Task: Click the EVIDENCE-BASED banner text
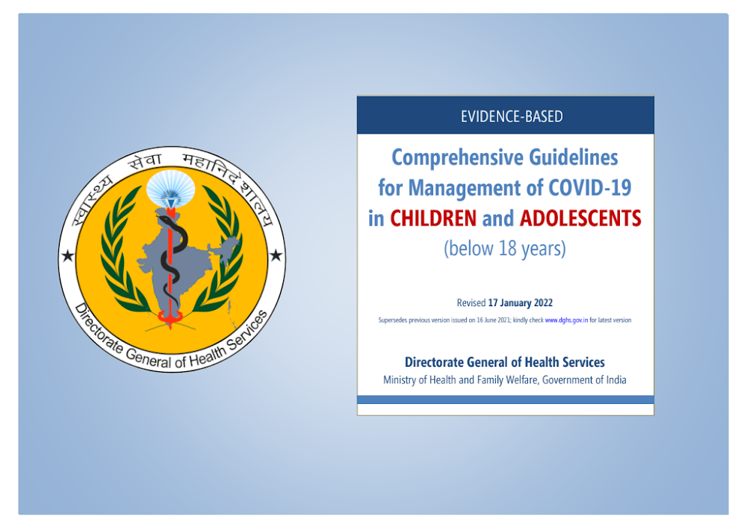click(x=512, y=117)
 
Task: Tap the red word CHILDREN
click(x=433, y=219)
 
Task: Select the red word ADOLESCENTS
click(x=580, y=219)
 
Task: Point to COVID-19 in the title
click(x=590, y=187)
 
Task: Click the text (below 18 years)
click(x=505, y=249)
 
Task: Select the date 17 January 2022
click(x=520, y=302)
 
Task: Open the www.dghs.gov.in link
click(x=566, y=320)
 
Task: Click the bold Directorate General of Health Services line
click(x=504, y=362)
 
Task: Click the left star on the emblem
click(x=68, y=256)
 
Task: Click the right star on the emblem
click(x=276, y=255)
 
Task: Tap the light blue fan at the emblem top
click(x=170, y=187)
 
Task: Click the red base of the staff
click(x=170, y=317)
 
